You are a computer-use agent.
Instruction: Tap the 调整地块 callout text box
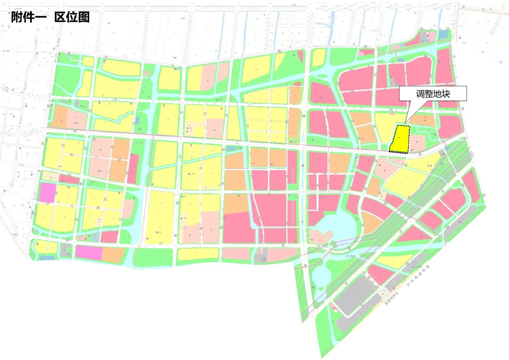point(433,94)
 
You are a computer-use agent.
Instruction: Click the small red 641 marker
point(335,307)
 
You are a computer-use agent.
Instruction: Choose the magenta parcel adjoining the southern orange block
point(89,253)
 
